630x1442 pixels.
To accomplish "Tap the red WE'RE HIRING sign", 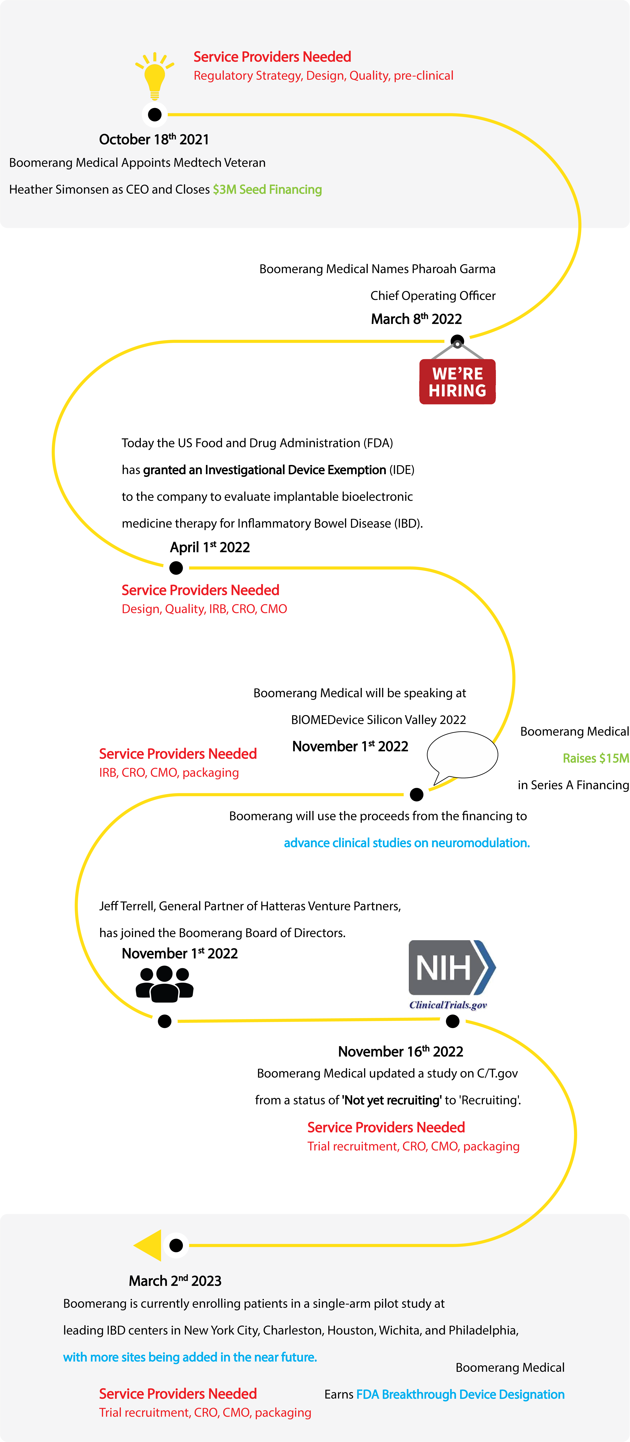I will coord(457,382).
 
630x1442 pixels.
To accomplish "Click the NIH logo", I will coord(451,967).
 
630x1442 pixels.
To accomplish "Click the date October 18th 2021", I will coord(154,139).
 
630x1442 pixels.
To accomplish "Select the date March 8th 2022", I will coord(416,319).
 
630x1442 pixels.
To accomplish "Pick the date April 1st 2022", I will coord(210,548).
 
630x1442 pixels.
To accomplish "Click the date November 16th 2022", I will coord(400,1052).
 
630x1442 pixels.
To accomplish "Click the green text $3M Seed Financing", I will coord(267,190).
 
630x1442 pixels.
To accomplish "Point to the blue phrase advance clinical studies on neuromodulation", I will coord(406,843).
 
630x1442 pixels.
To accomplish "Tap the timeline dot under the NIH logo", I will coord(453,1022).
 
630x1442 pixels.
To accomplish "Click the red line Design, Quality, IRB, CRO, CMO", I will coord(204,609).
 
